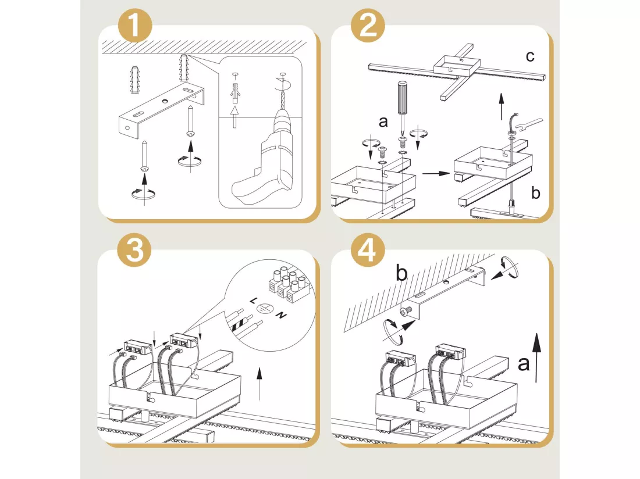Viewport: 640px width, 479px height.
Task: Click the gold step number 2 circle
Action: [368, 25]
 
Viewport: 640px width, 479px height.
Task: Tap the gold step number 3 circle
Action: [134, 249]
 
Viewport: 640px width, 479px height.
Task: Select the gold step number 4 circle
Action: [368, 249]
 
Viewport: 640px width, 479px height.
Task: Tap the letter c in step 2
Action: [530, 56]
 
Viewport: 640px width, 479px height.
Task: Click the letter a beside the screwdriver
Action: [383, 121]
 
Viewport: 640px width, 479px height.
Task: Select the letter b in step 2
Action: [535, 192]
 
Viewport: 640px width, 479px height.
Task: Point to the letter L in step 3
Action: [254, 301]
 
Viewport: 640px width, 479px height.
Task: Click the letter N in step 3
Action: [281, 314]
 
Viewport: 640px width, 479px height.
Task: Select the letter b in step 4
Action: [401, 273]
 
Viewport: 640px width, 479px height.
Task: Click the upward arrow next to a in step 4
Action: [537, 358]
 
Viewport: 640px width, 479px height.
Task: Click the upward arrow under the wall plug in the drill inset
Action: [234, 117]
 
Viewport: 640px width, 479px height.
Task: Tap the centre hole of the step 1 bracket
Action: [165, 101]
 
